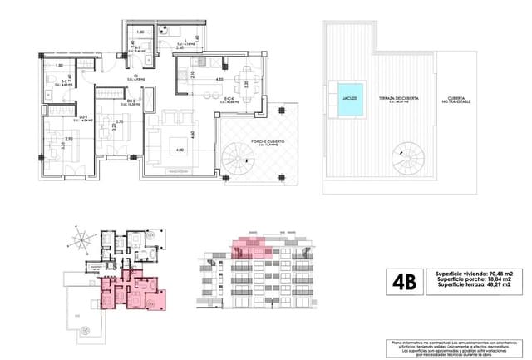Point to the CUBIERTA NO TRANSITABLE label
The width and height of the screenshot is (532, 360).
[x=458, y=99]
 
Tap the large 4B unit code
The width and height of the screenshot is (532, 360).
[x=404, y=281]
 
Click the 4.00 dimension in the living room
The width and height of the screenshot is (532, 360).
[x=180, y=150]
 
